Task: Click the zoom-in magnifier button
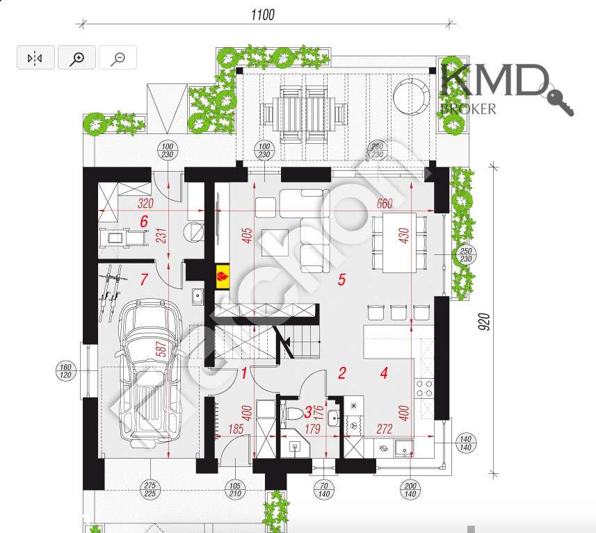(x=76, y=58)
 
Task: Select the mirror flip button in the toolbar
(x=35, y=58)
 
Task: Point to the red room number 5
(x=341, y=279)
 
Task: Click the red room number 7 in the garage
(x=144, y=280)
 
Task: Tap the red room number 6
(x=144, y=222)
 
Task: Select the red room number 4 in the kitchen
(x=384, y=372)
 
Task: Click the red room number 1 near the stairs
(x=244, y=373)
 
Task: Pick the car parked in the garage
(x=149, y=372)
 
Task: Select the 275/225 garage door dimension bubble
(x=150, y=489)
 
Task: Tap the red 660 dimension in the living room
(x=384, y=204)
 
